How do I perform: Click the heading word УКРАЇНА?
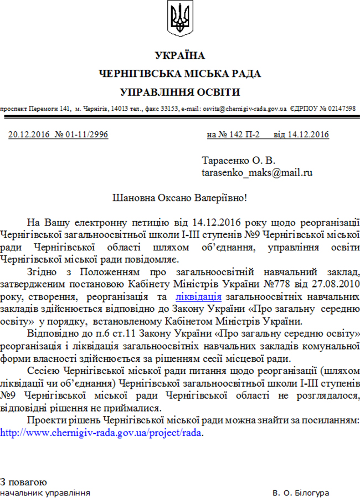[179, 55]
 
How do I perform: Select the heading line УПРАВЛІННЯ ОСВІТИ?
[179, 91]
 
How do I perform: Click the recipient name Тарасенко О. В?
[238, 161]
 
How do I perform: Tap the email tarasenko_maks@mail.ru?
[257, 172]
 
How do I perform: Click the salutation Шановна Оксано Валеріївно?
[179, 197]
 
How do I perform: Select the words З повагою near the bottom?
[24, 481]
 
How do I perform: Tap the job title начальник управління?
[45, 492]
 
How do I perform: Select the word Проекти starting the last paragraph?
[45, 422]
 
